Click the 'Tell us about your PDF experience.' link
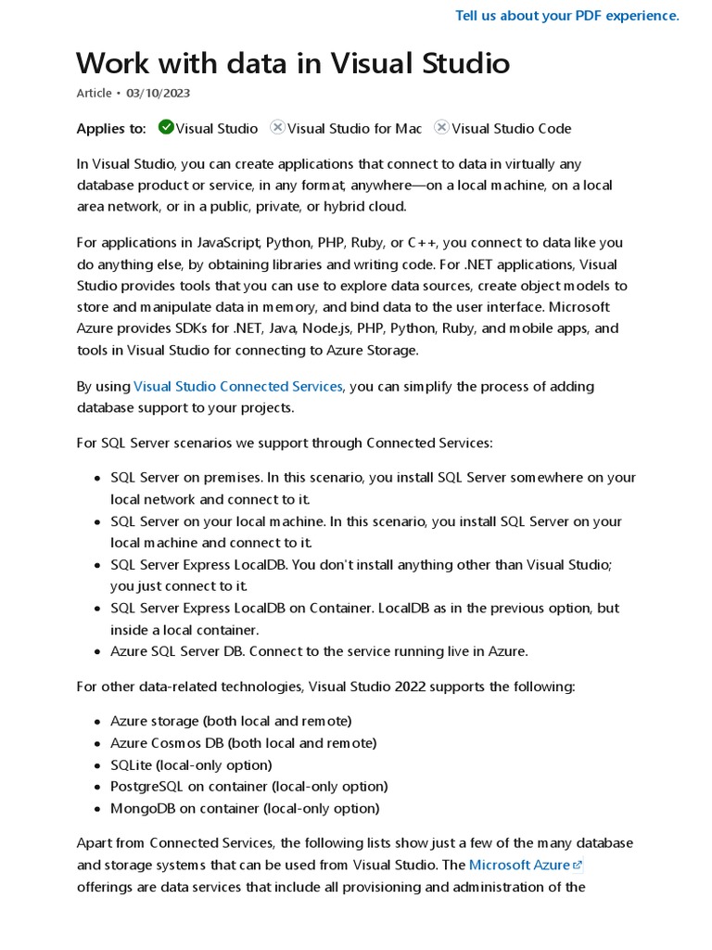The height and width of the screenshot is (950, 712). pyautogui.click(x=567, y=16)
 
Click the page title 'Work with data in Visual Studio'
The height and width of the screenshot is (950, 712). pyautogui.click(x=293, y=63)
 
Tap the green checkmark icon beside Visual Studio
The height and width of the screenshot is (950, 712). pyautogui.click(x=166, y=127)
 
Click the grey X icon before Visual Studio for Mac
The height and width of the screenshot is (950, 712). pyautogui.click(x=277, y=127)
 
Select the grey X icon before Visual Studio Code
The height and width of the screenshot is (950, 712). pyautogui.click(x=441, y=127)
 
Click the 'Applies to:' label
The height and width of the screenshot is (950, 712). pyautogui.click(x=111, y=128)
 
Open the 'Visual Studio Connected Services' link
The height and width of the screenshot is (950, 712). pyautogui.click(x=238, y=386)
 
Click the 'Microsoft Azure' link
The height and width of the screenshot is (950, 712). pyautogui.click(x=519, y=865)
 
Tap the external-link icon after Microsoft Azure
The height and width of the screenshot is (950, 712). pyautogui.click(x=578, y=866)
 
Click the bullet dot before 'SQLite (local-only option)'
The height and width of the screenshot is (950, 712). pyautogui.click(x=97, y=765)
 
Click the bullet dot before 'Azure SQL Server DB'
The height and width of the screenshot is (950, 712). pyautogui.click(x=97, y=651)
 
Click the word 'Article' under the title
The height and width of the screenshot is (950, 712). pyautogui.click(x=93, y=93)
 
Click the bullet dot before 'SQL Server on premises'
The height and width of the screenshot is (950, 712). pyautogui.click(x=97, y=478)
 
